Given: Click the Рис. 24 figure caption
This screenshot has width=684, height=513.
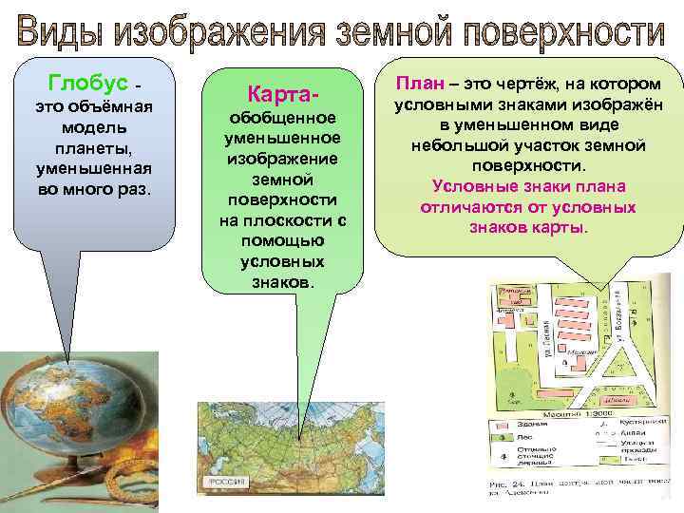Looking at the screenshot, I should click(504, 484).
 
